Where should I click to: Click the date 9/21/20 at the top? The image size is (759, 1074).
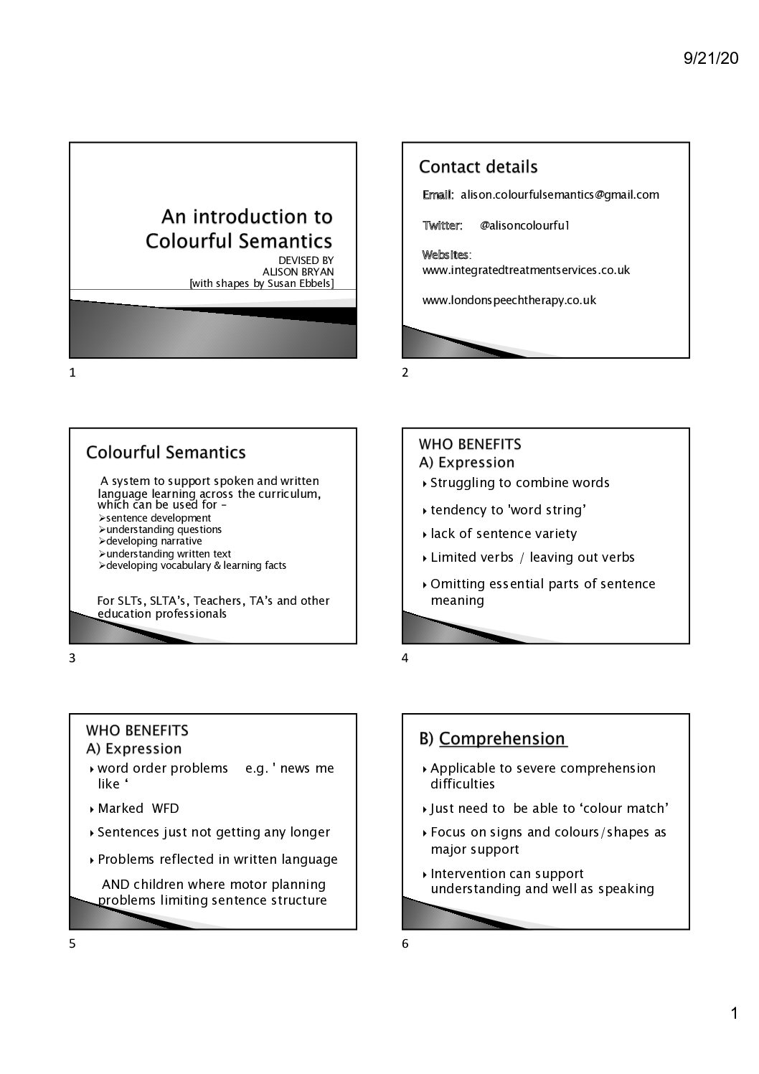click(x=710, y=59)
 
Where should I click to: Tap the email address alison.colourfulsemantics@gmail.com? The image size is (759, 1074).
click(x=560, y=194)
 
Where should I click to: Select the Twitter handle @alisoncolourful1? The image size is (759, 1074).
click(x=524, y=225)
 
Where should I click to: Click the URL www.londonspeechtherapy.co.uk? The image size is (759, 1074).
click(x=509, y=300)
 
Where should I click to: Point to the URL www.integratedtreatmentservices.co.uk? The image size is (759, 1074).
click(x=526, y=270)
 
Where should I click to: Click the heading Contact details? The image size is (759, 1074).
click(x=478, y=167)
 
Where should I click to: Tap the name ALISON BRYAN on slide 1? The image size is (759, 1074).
click(x=298, y=271)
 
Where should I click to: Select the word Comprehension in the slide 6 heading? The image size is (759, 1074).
click(x=502, y=738)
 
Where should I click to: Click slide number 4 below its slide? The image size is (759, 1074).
click(x=405, y=658)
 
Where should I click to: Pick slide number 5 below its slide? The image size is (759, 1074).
click(x=72, y=943)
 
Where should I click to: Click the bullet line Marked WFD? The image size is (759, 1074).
click(x=138, y=808)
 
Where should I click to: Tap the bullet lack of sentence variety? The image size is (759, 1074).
click(x=504, y=533)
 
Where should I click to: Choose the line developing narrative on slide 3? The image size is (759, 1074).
click(x=154, y=541)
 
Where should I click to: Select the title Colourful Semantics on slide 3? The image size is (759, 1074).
click(x=166, y=453)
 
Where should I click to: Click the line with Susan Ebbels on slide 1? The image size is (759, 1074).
click(x=261, y=283)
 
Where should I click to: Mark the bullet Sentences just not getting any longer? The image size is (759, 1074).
click(x=214, y=832)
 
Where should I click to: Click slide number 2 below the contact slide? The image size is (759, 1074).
click(x=405, y=372)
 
